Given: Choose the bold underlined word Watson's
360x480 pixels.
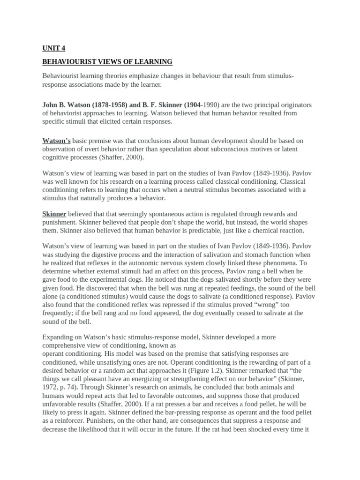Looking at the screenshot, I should coord(57,140).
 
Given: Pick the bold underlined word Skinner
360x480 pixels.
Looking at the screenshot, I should coord(54,214).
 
